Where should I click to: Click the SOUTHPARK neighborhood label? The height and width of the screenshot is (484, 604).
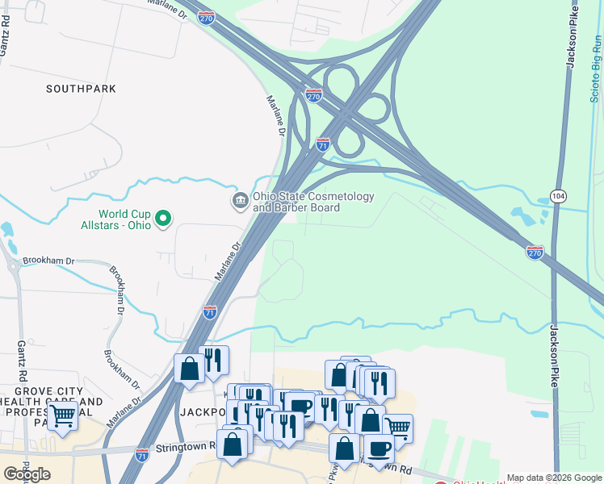pos(81,88)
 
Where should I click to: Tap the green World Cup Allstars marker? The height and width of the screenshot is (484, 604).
pos(163,218)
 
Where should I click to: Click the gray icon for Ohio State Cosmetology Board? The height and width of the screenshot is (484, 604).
pos(240,200)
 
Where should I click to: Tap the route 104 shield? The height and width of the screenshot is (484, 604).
pos(558,196)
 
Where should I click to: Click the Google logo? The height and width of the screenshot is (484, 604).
pos(27,474)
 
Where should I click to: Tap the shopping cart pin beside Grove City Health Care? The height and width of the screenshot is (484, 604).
pos(63,416)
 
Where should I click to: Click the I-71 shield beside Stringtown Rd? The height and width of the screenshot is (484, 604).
pos(142,455)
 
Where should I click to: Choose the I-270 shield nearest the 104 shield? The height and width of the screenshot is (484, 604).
pos(535,252)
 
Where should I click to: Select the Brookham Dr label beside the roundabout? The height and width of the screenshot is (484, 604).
pos(48,261)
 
